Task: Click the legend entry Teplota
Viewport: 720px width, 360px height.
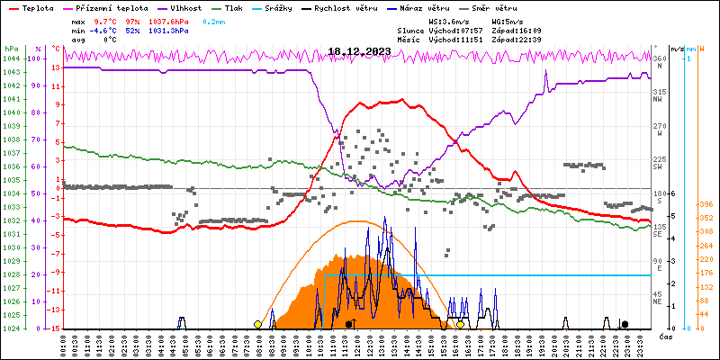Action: (x=37, y=6)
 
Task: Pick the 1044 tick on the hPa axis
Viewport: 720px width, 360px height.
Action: (x=11, y=58)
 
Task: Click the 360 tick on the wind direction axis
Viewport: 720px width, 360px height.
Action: (x=658, y=58)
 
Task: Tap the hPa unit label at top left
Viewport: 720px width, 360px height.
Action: (x=11, y=49)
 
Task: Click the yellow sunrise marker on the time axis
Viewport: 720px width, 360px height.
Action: (x=257, y=324)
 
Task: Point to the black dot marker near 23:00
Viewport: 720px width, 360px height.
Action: (x=625, y=324)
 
